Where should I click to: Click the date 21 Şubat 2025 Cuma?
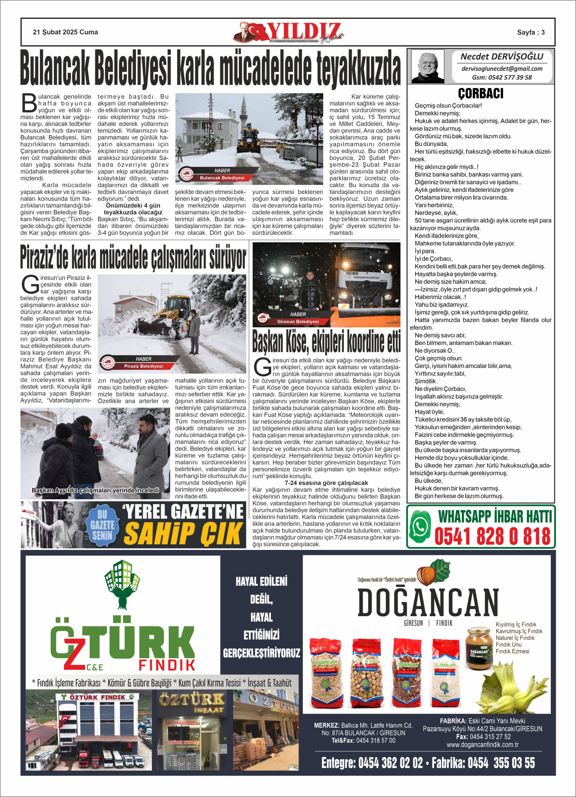click(x=65, y=32)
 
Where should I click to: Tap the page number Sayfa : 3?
click(x=531, y=32)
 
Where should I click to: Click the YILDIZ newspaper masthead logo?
click(x=290, y=32)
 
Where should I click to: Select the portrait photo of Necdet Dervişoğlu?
click(x=427, y=66)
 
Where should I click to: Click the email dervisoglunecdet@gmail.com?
click(x=502, y=69)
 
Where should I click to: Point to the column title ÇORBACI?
click(x=481, y=94)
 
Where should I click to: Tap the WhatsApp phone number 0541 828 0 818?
click(x=492, y=537)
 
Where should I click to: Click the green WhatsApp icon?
click(x=420, y=527)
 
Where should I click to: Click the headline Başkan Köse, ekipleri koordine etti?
click(x=326, y=342)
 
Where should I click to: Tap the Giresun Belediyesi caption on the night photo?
click(x=298, y=322)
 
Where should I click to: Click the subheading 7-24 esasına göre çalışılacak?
click(x=326, y=483)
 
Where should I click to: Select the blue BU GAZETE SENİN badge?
click(x=102, y=524)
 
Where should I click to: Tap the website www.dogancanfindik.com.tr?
click(x=482, y=745)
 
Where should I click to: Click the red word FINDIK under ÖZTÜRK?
click(x=167, y=665)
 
